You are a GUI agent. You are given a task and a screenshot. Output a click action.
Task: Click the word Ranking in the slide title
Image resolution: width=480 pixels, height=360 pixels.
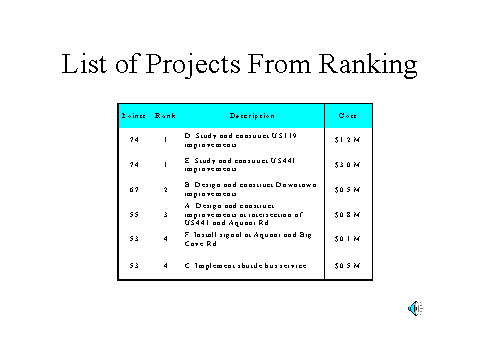pos(366,64)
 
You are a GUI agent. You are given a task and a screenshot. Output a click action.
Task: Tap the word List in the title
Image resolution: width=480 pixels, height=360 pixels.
pos(83,64)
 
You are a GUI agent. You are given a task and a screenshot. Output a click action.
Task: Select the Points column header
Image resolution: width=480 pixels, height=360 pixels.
pos(133,116)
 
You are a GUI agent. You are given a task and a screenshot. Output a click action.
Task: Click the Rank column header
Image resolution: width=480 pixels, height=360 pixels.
pos(165,116)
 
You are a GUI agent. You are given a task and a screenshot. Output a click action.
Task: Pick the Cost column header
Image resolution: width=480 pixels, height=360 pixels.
pos(348,116)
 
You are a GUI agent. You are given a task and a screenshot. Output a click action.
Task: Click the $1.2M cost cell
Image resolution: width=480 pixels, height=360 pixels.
pos(348,139)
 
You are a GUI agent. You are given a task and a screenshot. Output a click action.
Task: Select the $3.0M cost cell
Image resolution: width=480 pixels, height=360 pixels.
pos(348,163)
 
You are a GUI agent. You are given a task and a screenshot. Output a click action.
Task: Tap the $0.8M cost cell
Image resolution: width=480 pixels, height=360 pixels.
pos(348,214)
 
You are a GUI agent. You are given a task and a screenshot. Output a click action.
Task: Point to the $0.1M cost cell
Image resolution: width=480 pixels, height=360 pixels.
pos(348,239)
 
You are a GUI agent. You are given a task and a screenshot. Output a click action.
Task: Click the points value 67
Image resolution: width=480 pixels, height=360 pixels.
pos(133,188)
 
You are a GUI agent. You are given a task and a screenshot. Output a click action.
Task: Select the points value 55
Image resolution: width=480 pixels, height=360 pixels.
pos(133,214)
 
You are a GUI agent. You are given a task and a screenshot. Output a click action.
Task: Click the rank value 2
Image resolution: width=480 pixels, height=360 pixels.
pos(165,188)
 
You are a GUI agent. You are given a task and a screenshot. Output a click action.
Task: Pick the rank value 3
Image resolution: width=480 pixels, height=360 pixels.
pos(165,214)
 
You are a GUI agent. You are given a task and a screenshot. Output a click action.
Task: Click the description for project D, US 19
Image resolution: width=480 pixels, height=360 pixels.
pos(240,139)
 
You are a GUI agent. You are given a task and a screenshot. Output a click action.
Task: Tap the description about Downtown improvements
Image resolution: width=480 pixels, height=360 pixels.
pos(245,188)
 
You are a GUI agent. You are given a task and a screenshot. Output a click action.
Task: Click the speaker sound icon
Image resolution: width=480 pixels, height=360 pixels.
pos(413,308)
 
